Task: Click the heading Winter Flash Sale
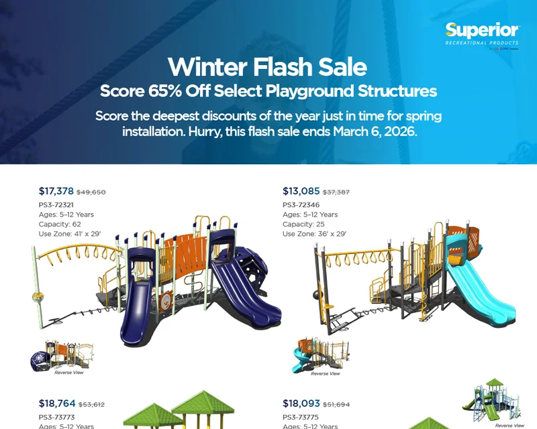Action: (x=267, y=67)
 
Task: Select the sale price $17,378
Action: (x=56, y=191)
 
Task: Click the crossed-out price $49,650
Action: (x=91, y=192)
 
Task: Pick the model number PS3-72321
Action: (x=56, y=204)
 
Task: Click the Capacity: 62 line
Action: (x=60, y=224)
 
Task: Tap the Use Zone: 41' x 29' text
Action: (x=70, y=234)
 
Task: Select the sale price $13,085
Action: (x=301, y=191)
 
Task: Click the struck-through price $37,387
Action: (x=336, y=192)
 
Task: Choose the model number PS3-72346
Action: (x=301, y=204)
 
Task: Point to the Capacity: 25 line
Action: (x=303, y=224)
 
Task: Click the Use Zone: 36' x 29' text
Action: (x=314, y=234)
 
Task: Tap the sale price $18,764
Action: (x=56, y=404)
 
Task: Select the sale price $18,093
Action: (x=301, y=404)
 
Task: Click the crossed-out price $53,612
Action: (x=91, y=405)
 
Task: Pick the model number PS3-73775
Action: (x=301, y=417)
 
